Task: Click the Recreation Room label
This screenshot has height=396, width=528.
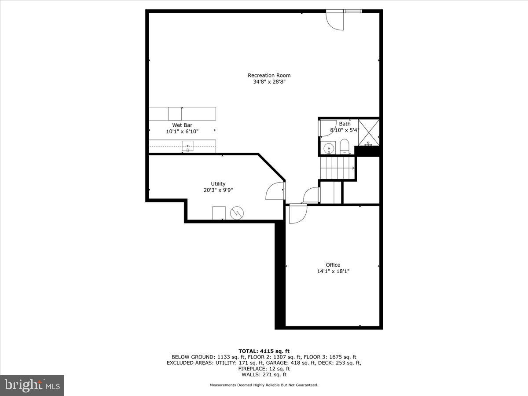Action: pyautogui.click(x=269, y=75)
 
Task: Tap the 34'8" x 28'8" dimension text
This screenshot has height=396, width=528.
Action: pyautogui.click(x=269, y=82)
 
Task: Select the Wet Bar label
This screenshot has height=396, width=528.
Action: pyautogui.click(x=182, y=125)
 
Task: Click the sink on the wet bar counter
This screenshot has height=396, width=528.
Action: pyautogui.click(x=187, y=145)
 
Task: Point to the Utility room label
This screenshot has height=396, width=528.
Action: pyautogui.click(x=218, y=184)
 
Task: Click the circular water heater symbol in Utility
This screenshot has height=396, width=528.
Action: pyautogui.click(x=237, y=213)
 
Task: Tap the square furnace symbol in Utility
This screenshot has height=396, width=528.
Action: pyautogui.click(x=219, y=213)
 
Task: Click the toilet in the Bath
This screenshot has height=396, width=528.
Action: pyautogui.click(x=344, y=146)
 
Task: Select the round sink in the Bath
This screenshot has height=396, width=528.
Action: pyautogui.click(x=327, y=149)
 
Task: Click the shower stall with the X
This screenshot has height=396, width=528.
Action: pyautogui.click(x=368, y=132)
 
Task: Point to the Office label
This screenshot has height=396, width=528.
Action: pyautogui.click(x=333, y=265)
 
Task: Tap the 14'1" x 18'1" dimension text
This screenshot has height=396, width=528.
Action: pyautogui.click(x=333, y=271)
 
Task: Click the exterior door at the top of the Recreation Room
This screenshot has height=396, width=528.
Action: pyautogui.click(x=334, y=20)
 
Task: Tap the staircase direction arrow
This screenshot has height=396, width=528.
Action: pyautogui.click(x=352, y=168)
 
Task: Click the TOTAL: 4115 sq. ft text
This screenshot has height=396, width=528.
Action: pyautogui.click(x=264, y=351)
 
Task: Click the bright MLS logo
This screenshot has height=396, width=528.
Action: pyautogui.click(x=32, y=385)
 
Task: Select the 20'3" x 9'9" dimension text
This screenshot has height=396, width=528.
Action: pyautogui.click(x=218, y=191)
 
